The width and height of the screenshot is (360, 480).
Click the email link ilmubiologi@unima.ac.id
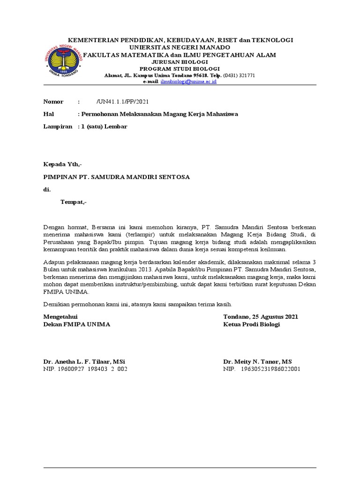[x=188, y=81]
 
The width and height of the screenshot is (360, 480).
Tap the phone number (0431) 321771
[x=239, y=75]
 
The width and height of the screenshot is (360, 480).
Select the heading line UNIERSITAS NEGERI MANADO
[x=180, y=47]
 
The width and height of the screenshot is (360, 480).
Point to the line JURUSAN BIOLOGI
[x=180, y=62]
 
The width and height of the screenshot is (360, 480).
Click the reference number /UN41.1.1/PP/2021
[x=124, y=102]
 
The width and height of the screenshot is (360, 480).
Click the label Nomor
[x=53, y=102]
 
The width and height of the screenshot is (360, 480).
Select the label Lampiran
[x=58, y=127]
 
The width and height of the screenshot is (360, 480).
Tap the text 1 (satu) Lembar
[x=104, y=127]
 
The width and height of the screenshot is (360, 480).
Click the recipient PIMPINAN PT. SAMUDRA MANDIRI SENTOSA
[x=117, y=177]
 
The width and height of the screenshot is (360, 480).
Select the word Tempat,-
[x=74, y=202]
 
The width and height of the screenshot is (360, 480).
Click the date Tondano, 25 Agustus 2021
[x=261, y=317]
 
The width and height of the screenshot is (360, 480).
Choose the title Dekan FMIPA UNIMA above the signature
[x=77, y=324]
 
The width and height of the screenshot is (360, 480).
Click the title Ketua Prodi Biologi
[x=251, y=324]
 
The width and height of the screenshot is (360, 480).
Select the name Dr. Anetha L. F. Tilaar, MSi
[x=84, y=361]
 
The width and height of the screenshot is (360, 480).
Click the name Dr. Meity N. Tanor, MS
[x=257, y=361]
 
